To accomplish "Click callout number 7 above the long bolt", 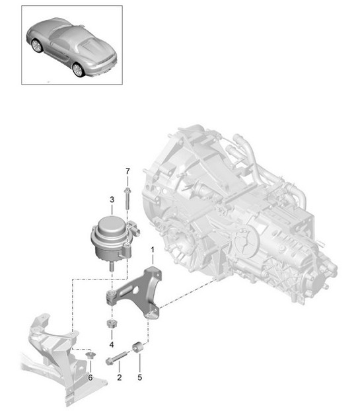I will pos(126,172).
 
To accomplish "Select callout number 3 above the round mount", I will pos(111,198).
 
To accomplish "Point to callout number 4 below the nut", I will pos(111,345).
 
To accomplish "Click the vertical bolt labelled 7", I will pos(126,202).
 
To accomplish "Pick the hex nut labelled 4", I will pos(111,324).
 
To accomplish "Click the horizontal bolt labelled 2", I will pos(116,359).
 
